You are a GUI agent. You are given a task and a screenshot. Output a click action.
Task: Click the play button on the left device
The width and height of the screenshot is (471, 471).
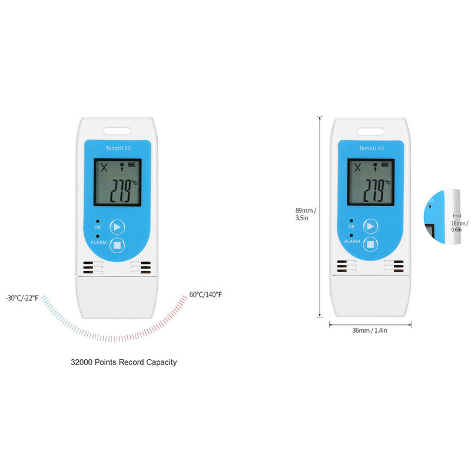point(117,227)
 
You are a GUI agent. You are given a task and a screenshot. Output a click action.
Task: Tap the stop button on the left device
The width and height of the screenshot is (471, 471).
point(117,244)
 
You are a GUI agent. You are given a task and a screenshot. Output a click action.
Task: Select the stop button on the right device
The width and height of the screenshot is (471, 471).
point(370,244)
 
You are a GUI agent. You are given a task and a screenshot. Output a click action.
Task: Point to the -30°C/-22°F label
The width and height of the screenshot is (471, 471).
point(22,297)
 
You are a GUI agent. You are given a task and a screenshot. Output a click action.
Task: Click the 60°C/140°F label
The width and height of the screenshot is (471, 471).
point(205,294)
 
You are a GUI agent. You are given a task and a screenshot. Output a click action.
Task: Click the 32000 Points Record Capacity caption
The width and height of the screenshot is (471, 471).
point(123,362)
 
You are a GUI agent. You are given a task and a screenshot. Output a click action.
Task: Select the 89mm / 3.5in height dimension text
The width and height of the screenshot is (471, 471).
point(306,214)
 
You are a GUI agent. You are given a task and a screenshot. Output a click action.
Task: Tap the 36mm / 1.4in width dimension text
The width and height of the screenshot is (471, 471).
point(369,331)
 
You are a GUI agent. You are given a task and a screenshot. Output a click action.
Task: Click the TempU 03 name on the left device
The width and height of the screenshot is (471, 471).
point(119,148)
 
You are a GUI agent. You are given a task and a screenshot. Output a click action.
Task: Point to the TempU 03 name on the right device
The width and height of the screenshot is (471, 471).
point(372,148)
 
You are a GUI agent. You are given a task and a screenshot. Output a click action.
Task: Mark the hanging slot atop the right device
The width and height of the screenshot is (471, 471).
point(372,130)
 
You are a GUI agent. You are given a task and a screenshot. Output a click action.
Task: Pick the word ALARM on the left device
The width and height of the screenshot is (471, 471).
point(99,242)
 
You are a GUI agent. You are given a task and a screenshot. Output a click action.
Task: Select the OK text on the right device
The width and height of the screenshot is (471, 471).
point(351,227)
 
